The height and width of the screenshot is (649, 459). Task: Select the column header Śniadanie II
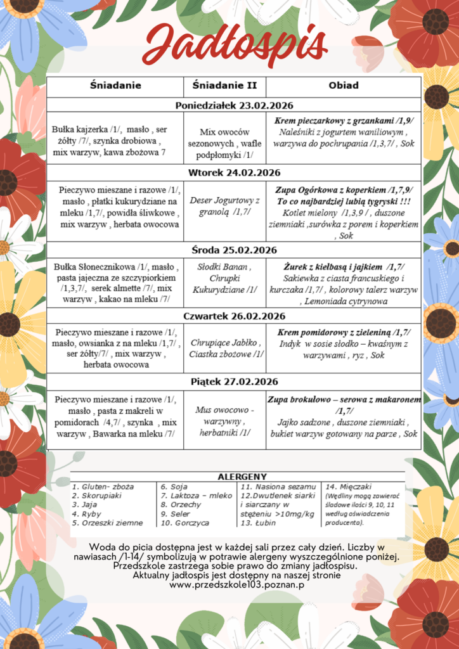point(224,86)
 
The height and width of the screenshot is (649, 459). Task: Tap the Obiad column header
point(343,86)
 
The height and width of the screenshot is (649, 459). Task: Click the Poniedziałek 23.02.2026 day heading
point(234,105)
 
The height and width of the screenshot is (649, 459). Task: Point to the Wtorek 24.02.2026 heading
point(234,172)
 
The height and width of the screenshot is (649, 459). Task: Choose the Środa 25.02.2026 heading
point(234,250)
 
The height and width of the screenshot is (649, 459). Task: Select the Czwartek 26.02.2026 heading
point(234,316)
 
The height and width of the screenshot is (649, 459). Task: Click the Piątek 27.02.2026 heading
point(234,382)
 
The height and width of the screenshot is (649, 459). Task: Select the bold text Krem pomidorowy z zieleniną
point(343,332)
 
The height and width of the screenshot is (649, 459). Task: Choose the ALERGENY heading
point(242,476)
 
